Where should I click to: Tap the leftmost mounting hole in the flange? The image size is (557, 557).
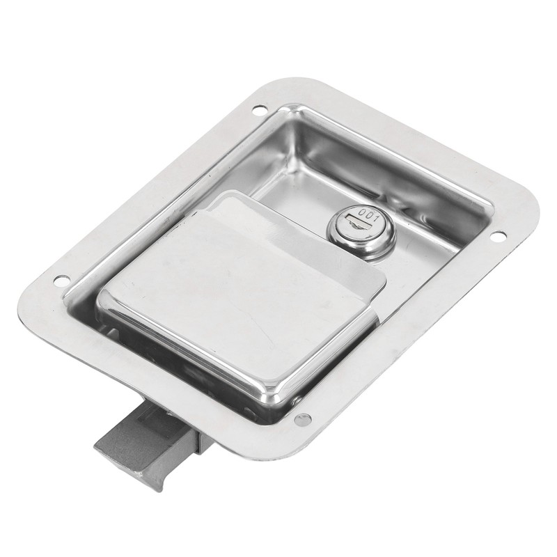pos(61,281)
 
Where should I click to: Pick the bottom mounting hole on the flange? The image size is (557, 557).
pos(303,419)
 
